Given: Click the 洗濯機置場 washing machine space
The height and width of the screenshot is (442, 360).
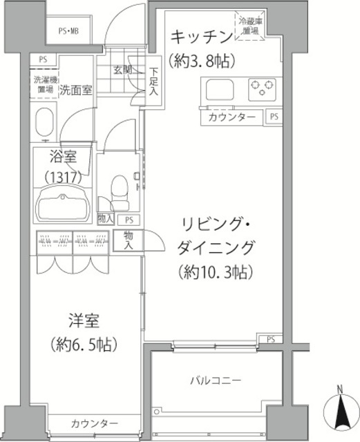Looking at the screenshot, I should point(46,84).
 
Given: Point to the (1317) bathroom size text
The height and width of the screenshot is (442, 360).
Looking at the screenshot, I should point(64,176).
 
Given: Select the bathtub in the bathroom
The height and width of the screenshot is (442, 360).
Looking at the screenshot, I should point(64,206).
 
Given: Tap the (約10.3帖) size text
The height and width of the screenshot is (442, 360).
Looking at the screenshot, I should point(214,271).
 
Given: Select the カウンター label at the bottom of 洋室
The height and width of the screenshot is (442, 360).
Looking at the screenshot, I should point(95,423).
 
